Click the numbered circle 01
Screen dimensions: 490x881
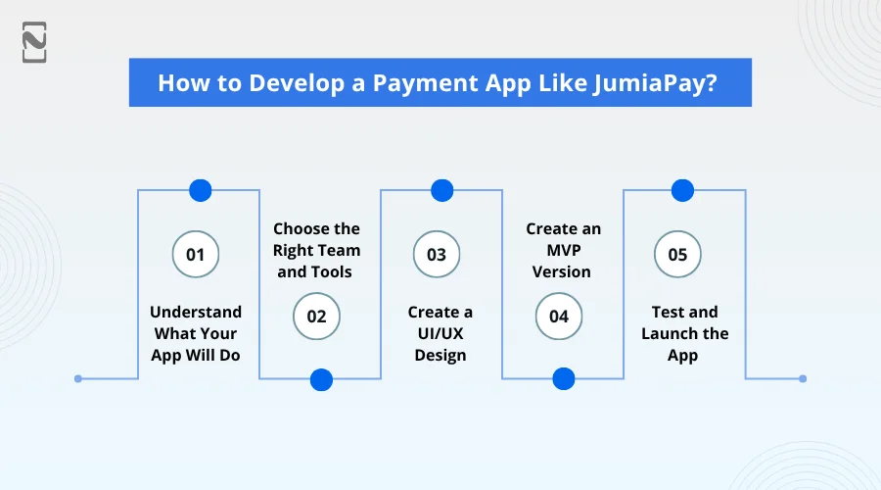196,255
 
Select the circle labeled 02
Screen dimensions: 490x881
316,316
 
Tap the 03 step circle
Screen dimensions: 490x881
437,255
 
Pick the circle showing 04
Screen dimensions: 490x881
558,316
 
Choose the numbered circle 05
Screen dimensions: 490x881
677,255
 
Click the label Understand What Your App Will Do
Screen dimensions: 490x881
196,333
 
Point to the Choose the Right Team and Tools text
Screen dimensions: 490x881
316,250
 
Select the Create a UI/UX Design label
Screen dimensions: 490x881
440,333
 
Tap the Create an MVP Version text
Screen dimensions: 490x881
563,250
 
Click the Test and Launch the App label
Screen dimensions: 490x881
684,333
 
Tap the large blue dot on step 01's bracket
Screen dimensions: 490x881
200,190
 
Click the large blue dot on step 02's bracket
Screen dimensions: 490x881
321,379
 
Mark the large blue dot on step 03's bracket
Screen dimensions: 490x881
442,190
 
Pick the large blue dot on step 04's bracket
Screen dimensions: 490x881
563,379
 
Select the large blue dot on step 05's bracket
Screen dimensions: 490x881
682,190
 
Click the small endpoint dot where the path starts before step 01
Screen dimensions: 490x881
78,378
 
